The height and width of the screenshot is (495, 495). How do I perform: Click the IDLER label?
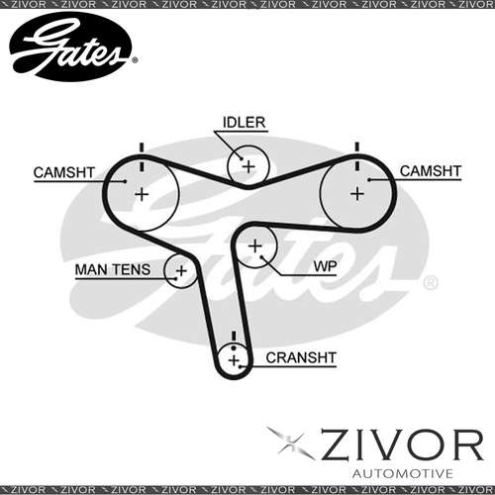(x=244, y=123)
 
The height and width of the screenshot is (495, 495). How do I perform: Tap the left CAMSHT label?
(x=64, y=172)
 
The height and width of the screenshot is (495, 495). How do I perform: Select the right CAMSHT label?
(x=431, y=171)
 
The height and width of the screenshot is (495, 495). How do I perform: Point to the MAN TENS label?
(x=113, y=269)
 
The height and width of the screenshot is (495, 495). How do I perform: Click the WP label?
(x=325, y=266)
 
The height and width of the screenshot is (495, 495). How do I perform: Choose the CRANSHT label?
(x=301, y=357)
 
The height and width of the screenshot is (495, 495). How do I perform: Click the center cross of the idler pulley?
(x=248, y=166)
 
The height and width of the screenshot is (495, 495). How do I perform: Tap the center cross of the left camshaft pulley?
(x=142, y=194)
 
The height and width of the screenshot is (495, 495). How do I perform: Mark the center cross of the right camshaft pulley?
(x=357, y=194)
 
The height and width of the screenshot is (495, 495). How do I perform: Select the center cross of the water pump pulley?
(x=254, y=247)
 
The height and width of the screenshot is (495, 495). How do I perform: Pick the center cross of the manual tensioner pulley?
(x=181, y=271)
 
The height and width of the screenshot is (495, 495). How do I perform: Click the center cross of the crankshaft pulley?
(x=234, y=360)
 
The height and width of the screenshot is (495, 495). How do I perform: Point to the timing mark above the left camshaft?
(x=142, y=157)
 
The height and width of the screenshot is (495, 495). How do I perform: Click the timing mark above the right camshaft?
(x=356, y=156)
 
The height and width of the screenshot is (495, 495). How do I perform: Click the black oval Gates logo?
(x=70, y=47)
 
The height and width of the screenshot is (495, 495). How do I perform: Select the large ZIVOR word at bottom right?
(x=402, y=445)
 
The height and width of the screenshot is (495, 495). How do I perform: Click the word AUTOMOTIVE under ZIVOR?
(x=402, y=473)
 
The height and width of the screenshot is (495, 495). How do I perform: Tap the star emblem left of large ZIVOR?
(x=291, y=443)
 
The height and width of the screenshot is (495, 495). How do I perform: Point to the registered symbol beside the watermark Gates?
(x=431, y=283)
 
